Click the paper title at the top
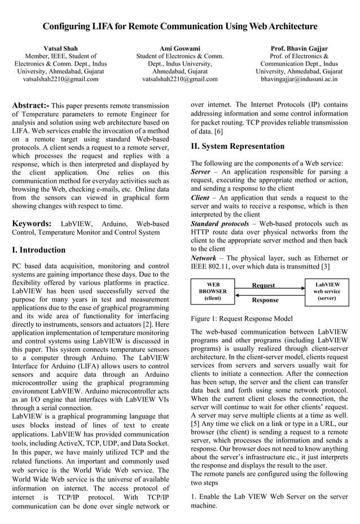click(x=180, y=27)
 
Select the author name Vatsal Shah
click(x=60, y=49)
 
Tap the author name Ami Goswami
click(x=179, y=49)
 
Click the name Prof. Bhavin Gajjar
click(x=299, y=49)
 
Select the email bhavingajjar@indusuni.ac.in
click(x=299, y=80)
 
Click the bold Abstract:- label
click(x=30, y=105)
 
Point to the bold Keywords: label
click(x=32, y=223)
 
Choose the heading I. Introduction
click(x=38, y=250)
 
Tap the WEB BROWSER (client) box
click(x=213, y=291)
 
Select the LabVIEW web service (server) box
click(x=327, y=291)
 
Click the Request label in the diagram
click(x=263, y=285)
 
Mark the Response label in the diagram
click(x=265, y=300)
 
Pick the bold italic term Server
click(x=200, y=171)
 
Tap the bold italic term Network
click(x=204, y=258)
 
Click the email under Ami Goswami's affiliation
click(x=179, y=80)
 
